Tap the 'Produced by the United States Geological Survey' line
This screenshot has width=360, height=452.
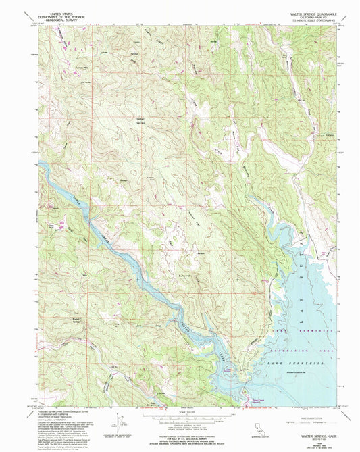click(x=64, y=411)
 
